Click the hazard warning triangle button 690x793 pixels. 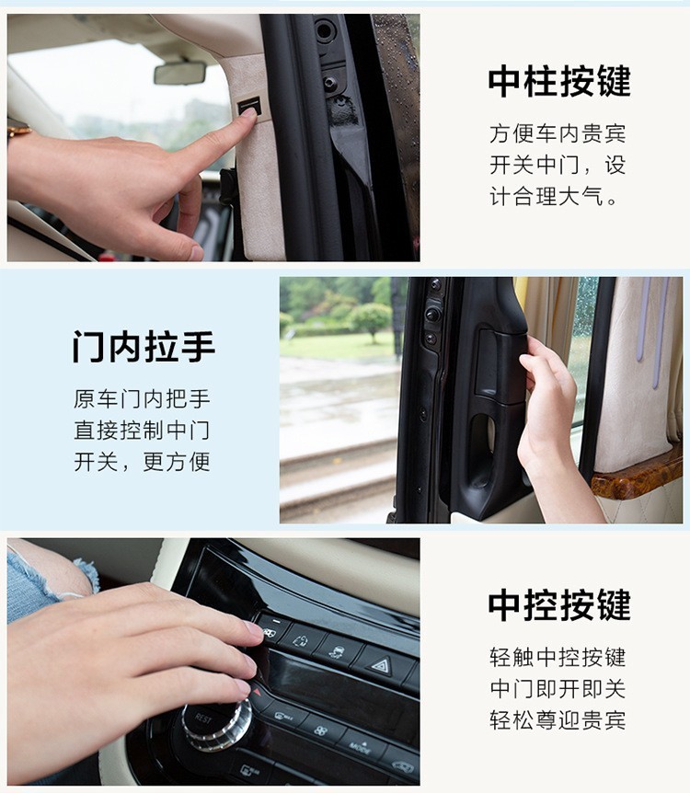click(383, 663)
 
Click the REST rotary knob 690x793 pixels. click(214, 723)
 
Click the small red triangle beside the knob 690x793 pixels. click(257, 691)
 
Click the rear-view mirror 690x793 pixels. click(179, 73)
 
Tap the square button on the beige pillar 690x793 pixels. click(249, 106)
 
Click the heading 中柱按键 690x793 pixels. click(559, 81)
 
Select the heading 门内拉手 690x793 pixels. click(144, 347)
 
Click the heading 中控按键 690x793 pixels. click(559, 604)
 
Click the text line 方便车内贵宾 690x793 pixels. click(558, 134)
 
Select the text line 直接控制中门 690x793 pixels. click(142, 431)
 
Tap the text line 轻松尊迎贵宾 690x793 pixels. click(558, 720)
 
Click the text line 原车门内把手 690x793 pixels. click(142, 399)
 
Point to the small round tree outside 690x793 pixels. click(370, 319)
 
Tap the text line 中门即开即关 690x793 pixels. click(558, 689)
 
